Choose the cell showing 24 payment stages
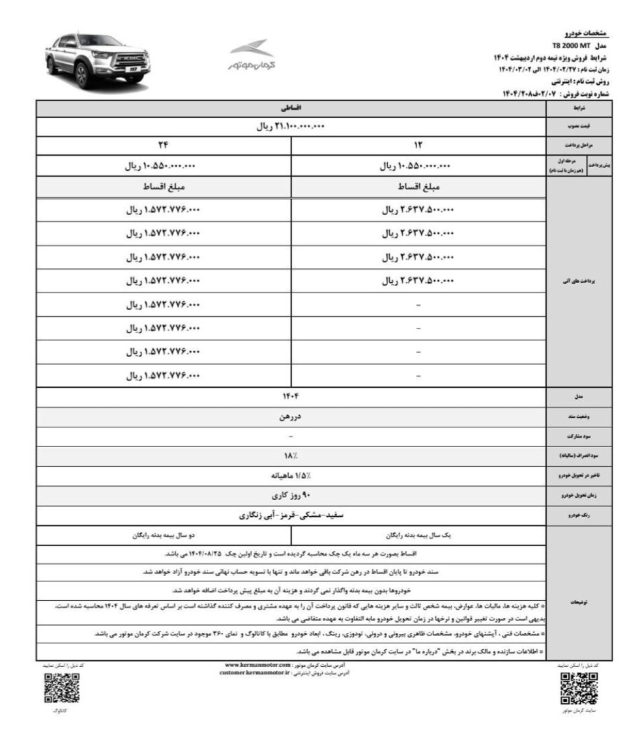(x=164, y=146)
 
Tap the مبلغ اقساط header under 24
(x=164, y=187)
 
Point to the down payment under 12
(x=418, y=166)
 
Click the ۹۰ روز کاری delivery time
(x=291, y=496)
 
